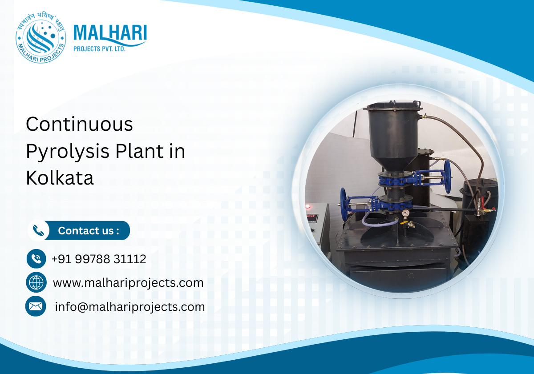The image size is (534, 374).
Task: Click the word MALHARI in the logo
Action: pyautogui.click(x=109, y=34)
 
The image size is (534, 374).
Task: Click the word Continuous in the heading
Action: pyautogui.click(x=80, y=124)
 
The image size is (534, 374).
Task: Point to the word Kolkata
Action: pyautogui.click(x=60, y=178)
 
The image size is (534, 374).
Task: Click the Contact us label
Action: pyautogui.click(x=89, y=231)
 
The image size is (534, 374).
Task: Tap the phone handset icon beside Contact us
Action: pyautogui.click(x=39, y=231)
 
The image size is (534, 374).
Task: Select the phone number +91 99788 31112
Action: pyautogui.click(x=99, y=259)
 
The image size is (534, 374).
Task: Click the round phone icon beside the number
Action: pyautogui.click(x=36, y=259)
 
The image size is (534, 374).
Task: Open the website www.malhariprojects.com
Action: pyautogui.click(x=128, y=282)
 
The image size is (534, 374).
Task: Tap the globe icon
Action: pyautogui.click(x=36, y=282)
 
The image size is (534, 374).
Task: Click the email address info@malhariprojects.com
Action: pyautogui.click(x=130, y=306)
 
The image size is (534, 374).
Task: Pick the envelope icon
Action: pyautogui.click(x=36, y=306)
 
